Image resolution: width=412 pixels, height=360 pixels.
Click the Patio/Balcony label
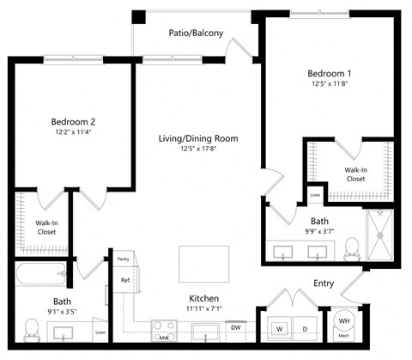tap(196, 34)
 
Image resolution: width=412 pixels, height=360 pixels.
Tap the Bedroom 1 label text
tap(330, 73)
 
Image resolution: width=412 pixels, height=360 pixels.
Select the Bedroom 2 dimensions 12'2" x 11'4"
tap(72, 133)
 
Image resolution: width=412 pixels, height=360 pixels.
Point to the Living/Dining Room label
tap(197, 138)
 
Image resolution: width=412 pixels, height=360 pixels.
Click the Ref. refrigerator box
tap(124, 280)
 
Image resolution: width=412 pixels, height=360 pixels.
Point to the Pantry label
tap(122, 257)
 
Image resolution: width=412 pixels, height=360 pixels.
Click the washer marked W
tap(280, 327)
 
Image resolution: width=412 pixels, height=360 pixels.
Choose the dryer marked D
tap(304, 327)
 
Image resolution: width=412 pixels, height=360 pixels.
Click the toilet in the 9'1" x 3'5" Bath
tap(32, 327)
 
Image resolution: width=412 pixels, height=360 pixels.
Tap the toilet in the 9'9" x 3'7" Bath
tap(350, 248)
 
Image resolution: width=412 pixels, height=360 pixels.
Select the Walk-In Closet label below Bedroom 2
tap(46, 228)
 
